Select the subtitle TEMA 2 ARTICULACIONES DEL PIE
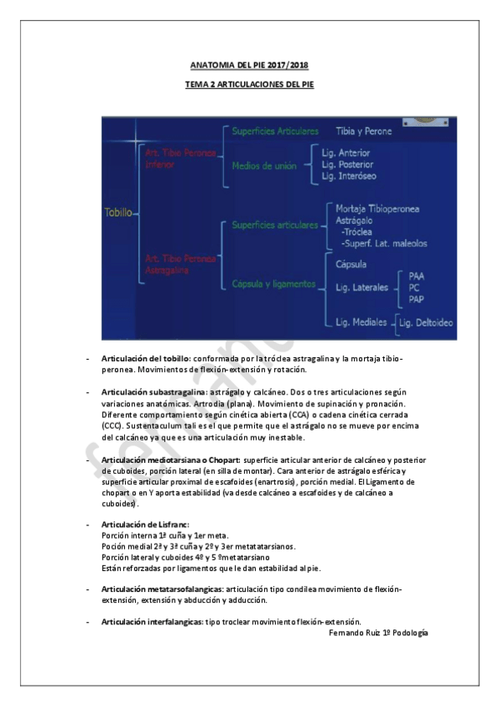coord(249,85)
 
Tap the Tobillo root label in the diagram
coord(117,212)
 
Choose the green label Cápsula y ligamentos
coord(273,284)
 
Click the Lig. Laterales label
coord(361,287)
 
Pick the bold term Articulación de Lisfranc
coord(143,525)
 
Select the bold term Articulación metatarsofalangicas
coord(162,589)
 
